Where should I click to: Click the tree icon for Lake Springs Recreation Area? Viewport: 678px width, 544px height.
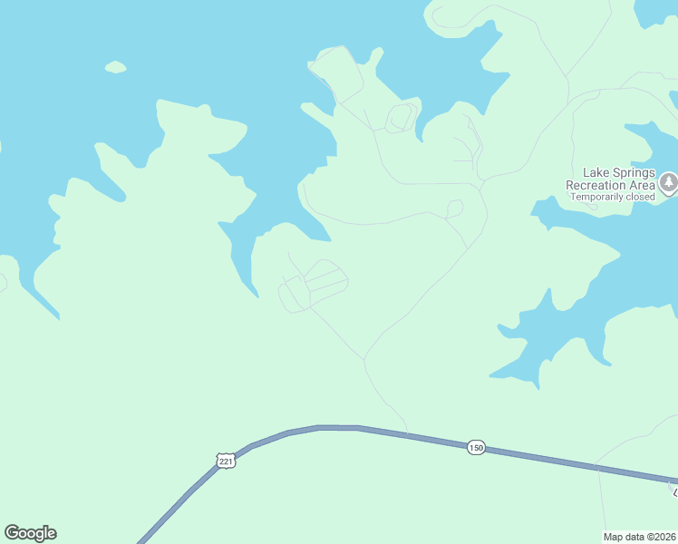point(668,183)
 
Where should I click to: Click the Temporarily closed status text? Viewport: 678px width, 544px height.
point(612,197)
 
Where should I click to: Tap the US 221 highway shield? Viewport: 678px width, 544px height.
point(227,461)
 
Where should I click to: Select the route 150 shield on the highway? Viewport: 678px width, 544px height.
point(477,448)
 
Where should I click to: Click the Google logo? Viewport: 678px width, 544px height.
point(30,533)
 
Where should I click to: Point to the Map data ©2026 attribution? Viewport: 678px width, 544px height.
point(640,537)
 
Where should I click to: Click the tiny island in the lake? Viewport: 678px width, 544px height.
point(115,66)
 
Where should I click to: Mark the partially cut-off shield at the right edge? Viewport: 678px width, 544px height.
point(674,490)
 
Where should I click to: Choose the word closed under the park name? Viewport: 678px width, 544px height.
point(640,197)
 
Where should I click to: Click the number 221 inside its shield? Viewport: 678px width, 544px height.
point(227,461)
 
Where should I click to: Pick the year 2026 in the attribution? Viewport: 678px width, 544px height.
point(666,537)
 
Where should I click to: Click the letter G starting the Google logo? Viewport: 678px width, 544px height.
point(12,533)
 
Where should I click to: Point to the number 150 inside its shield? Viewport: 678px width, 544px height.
point(477,448)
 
